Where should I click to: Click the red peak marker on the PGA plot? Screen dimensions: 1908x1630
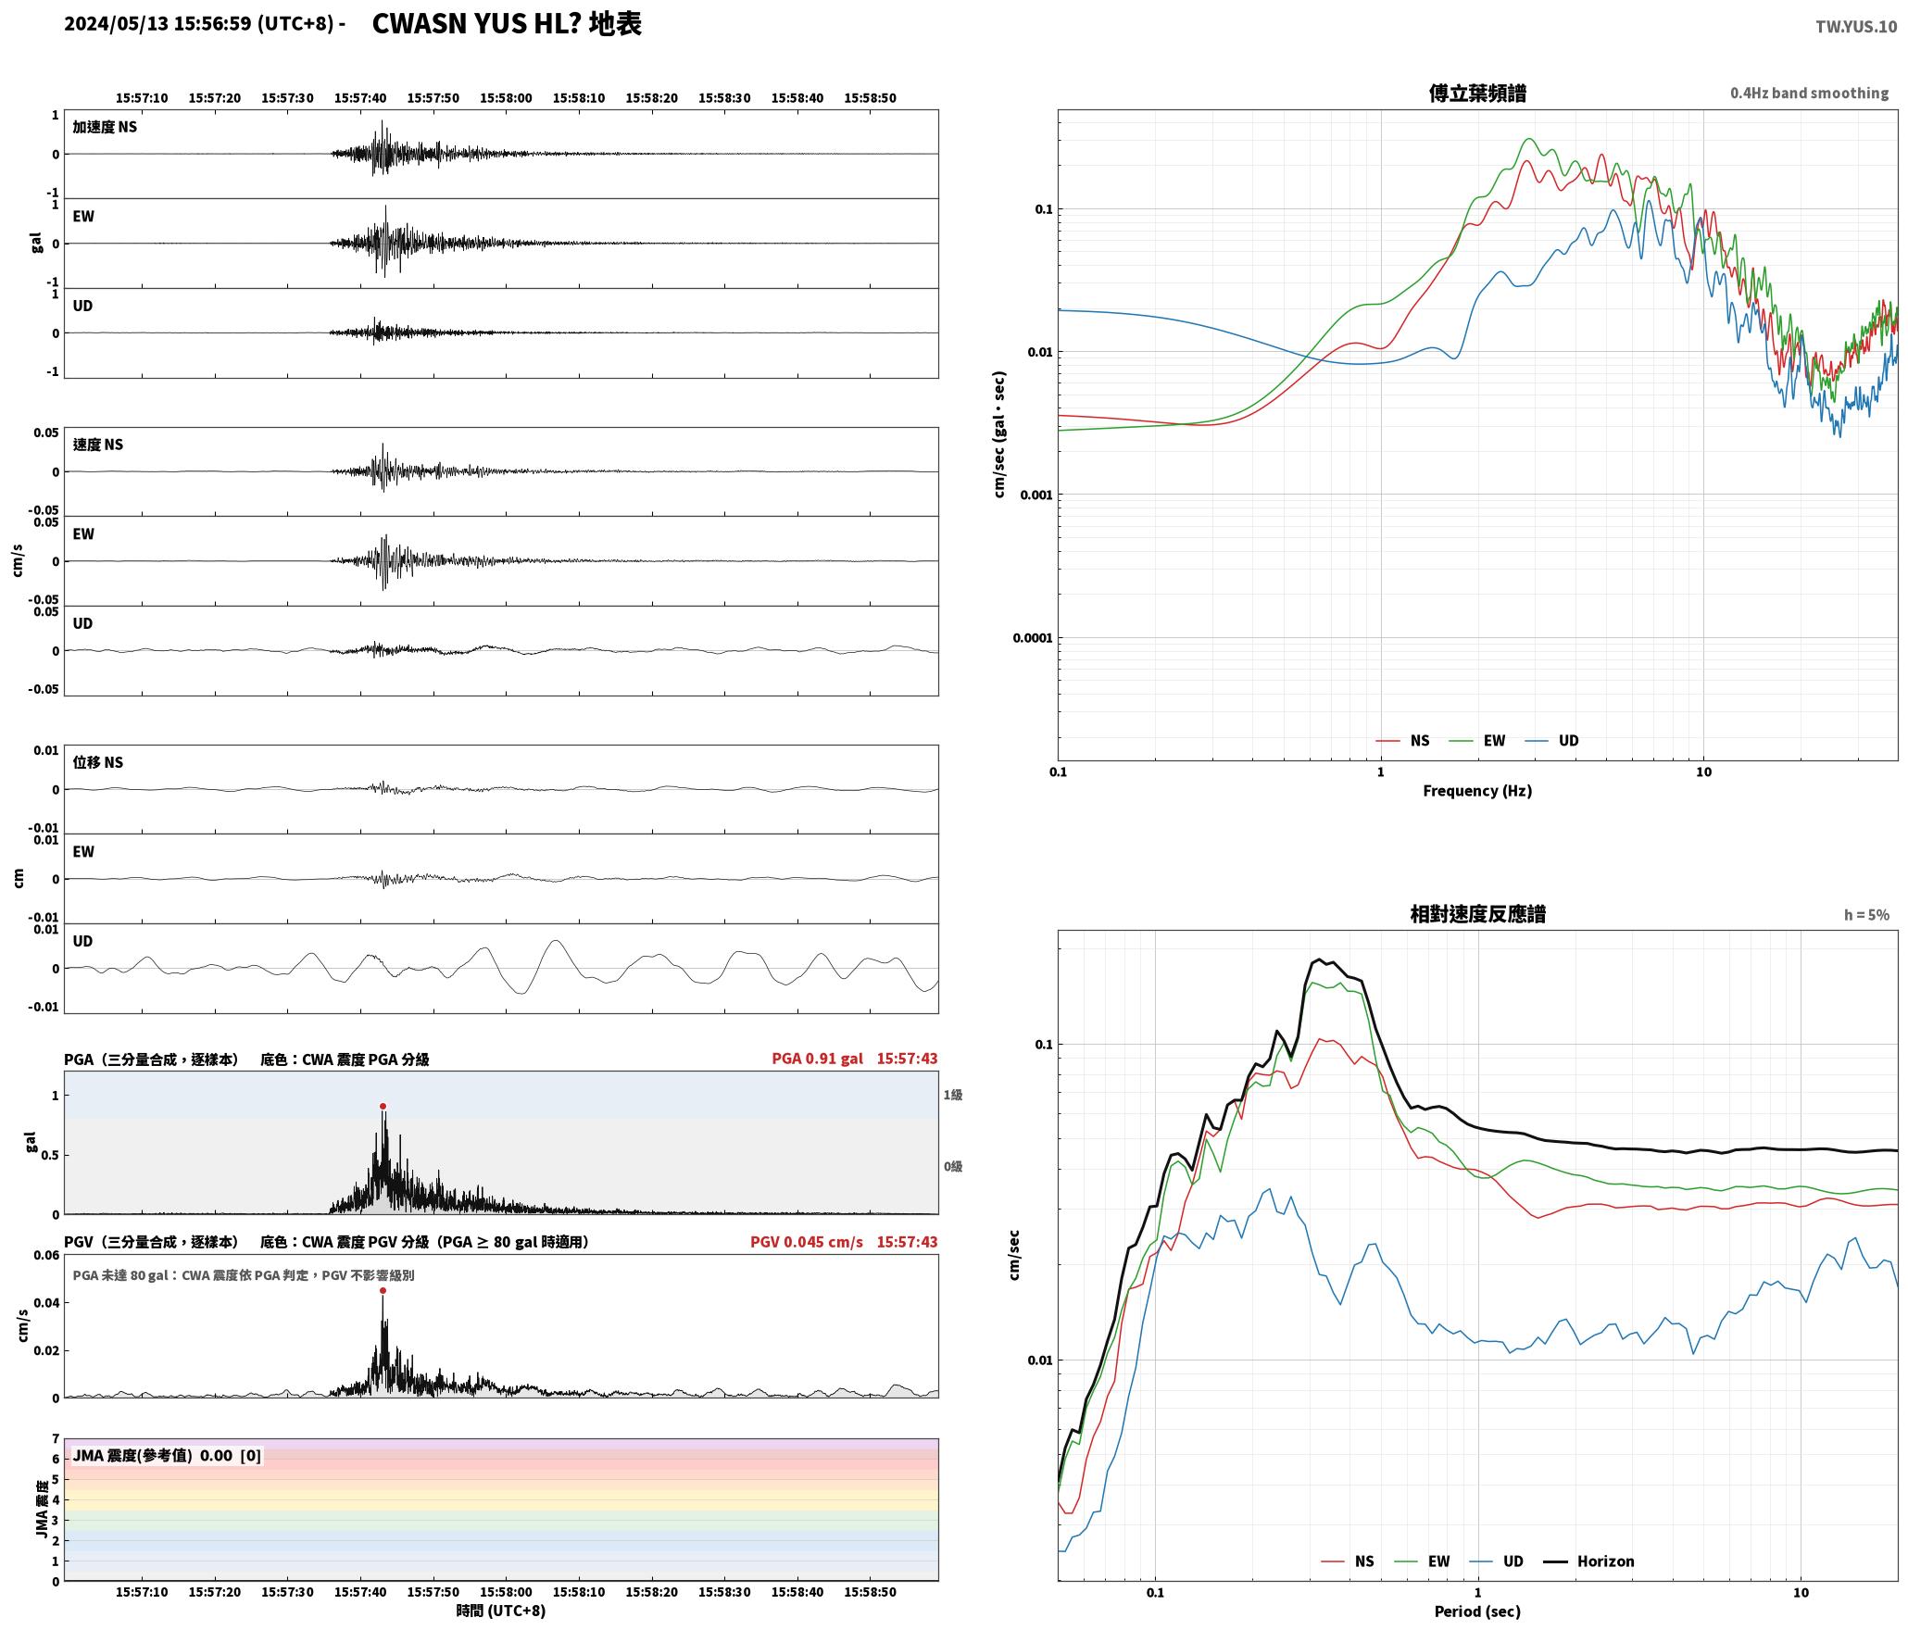point(383,1106)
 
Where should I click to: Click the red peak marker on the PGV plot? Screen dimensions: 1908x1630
point(383,1290)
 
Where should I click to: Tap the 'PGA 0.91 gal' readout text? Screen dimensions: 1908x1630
point(817,1059)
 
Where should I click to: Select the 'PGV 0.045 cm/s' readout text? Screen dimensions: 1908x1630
point(806,1242)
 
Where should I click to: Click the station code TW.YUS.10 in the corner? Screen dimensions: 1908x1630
point(1856,26)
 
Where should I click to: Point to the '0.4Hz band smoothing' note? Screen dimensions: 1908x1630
point(1809,94)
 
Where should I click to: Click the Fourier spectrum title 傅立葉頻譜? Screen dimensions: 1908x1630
point(1477,94)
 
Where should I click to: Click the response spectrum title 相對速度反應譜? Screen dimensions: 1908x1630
point(1477,914)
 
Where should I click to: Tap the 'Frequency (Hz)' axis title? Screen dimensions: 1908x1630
point(1477,791)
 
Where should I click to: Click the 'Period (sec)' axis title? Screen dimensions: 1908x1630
point(1477,1611)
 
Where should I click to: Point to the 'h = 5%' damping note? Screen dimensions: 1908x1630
point(1866,915)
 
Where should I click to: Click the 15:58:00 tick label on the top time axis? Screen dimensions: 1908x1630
point(506,98)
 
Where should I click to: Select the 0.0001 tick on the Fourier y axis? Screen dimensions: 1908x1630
point(1030,638)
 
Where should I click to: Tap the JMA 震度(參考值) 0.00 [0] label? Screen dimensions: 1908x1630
point(167,1456)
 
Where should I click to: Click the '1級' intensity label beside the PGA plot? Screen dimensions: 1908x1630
point(953,1095)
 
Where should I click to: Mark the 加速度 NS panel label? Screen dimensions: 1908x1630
point(105,127)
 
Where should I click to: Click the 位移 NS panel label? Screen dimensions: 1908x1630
point(97,762)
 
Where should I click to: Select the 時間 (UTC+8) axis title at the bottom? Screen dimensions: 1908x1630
point(501,1611)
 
